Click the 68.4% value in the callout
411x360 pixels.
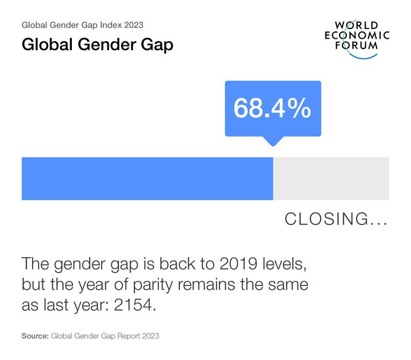(273, 108)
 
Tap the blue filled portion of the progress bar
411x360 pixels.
(147, 178)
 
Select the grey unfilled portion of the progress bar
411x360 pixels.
(331, 178)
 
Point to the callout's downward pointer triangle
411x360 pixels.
(273, 140)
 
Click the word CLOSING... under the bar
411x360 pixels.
(336, 219)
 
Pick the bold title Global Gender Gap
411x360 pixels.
(97, 45)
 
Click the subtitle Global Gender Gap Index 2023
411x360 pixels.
(82, 25)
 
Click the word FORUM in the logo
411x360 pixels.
(357, 46)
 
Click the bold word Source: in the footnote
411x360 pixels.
(35, 335)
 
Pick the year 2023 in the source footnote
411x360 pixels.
(150, 335)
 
